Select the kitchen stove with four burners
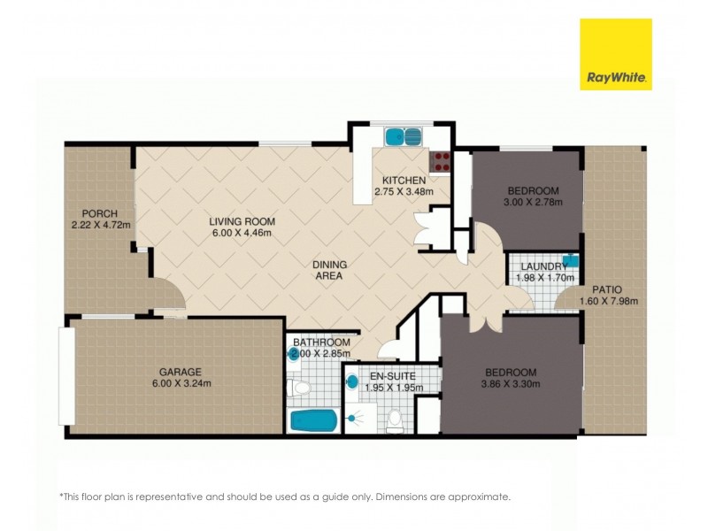tap(440, 161)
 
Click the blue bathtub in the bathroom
tap(312, 419)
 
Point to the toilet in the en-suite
tap(396, 421)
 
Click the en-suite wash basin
tap(351, 382)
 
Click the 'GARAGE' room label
tap(181, 372)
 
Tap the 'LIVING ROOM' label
tap(242, 221)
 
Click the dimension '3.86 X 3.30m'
tap(511, 383)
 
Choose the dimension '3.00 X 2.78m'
tap(532, 203)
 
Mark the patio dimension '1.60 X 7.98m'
tap(608, 301)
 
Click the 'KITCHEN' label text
tap(391, 180)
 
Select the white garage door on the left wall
tap(64, 376)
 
